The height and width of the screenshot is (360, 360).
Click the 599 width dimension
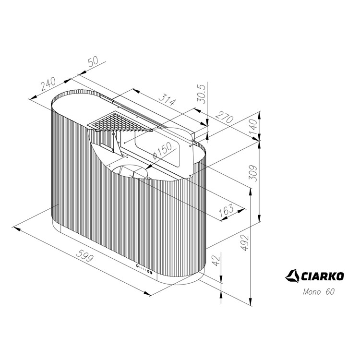pyautogui.click(x=85, y=255)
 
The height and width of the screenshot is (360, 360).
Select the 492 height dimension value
pyautogui.click(x=245, y=242)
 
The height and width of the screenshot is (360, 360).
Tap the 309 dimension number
pyautogui.click(x=253, y=173)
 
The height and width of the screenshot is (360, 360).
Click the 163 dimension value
pyautogui.click(x=226, y=210)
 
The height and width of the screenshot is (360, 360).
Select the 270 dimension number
pyautogui.click(x=225, y=117)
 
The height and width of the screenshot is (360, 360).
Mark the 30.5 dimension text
pyautogui.click(x=202, y=94)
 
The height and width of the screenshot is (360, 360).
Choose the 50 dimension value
pyautogui.click(x=93, y=61)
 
